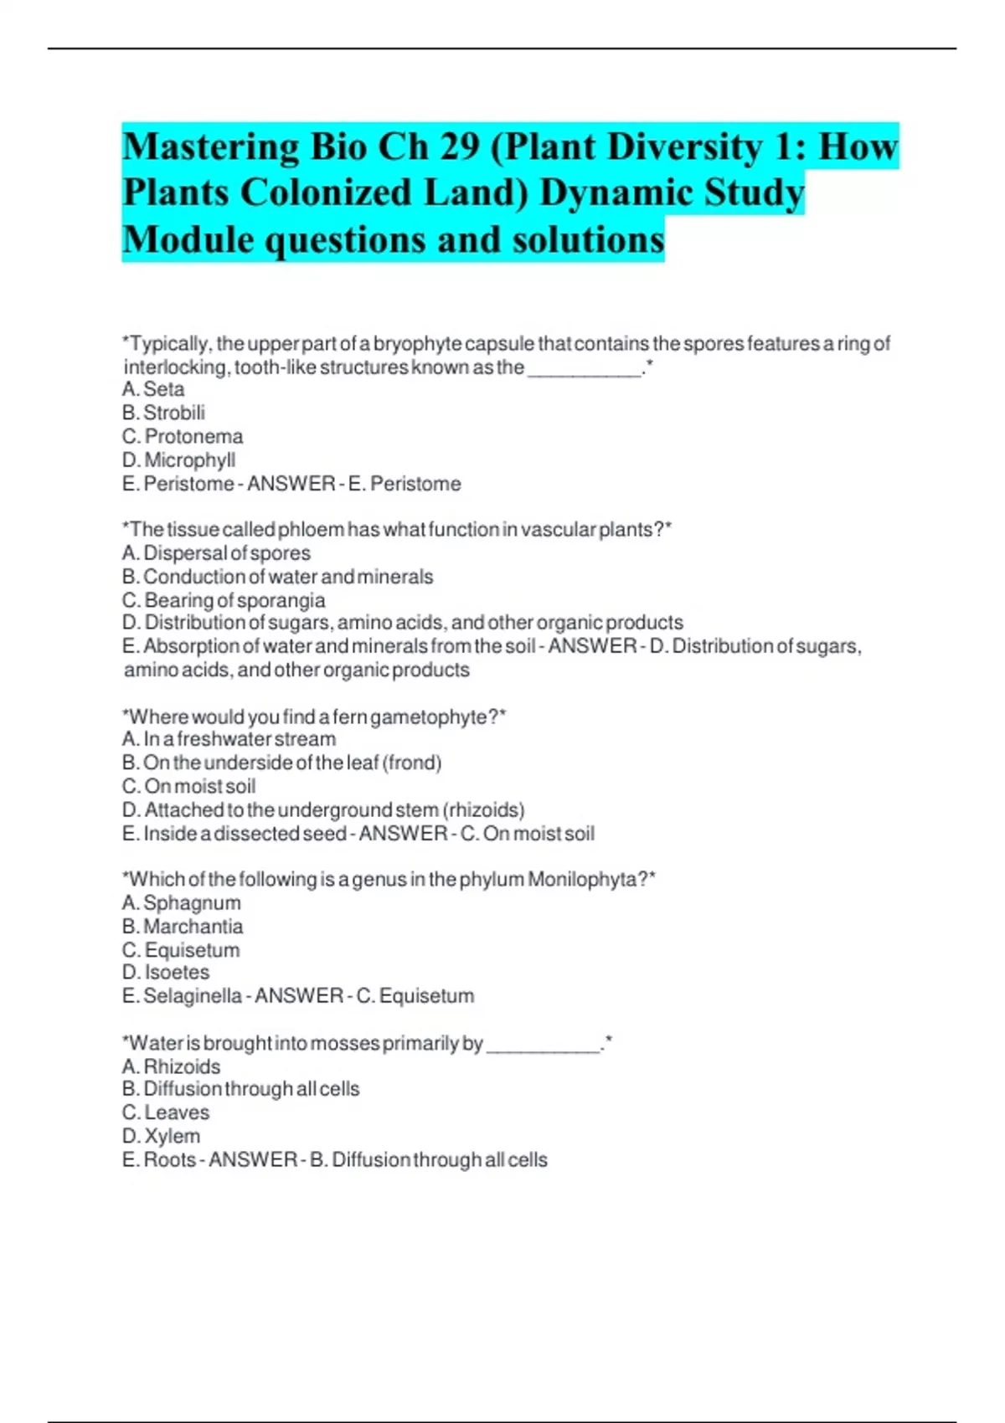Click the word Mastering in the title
click(x=210, y=148)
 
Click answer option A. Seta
click(x=153, y=389)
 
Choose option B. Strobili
click(x=163, y=413)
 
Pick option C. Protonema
click(x=183, y=436)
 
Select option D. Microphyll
click(x=178, y=460)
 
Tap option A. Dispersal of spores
click(x=216, y=553)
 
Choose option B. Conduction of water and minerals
click(x=277, y=577)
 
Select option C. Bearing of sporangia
click(x=224, y=600)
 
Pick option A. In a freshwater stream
click(x=229, y=739)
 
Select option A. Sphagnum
click(x=181, y=903)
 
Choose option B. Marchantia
click(x=183, y=927)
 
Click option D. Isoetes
click(x=166, y=973)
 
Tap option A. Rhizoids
click(x=171, y=1066)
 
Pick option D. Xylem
click(x=162, y=1136)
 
